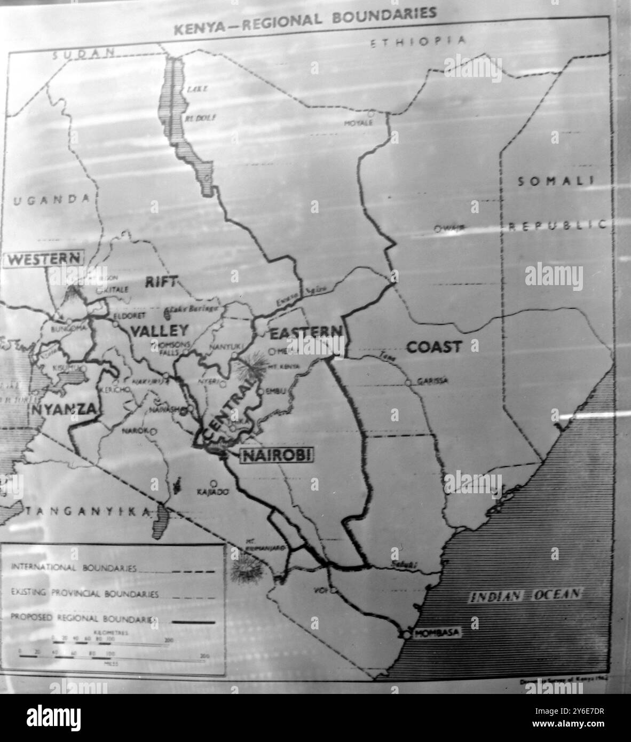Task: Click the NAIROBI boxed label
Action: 277,455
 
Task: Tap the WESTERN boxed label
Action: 44,259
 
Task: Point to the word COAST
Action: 433,347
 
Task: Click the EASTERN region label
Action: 305,334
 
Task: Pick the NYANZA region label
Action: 64,409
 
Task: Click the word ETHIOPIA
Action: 419,42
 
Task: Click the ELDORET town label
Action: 127,315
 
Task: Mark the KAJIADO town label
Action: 212,491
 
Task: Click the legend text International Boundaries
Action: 74,569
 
